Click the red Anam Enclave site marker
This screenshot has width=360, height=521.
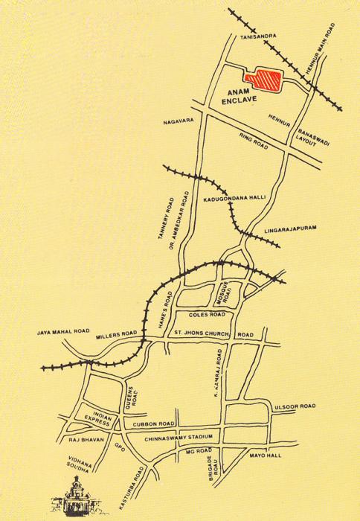point(262,77)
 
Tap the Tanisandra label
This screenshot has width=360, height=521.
point(256,36)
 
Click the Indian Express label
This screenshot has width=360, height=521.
point(97,422)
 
